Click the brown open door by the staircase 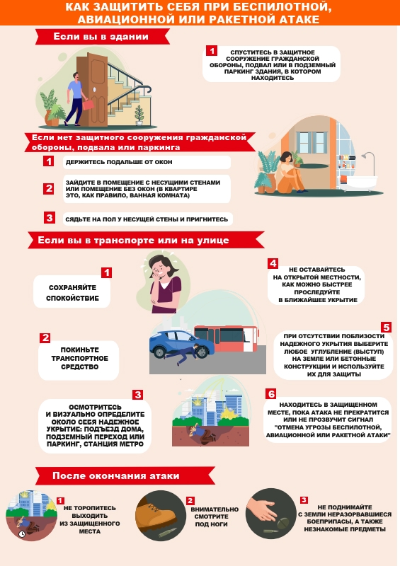click(93, 90)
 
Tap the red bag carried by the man click(88, 105)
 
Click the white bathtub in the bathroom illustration click(358, 183)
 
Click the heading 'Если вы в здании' click(101, 37)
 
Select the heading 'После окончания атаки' click(115, 475)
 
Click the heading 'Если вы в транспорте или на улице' click(133, 241)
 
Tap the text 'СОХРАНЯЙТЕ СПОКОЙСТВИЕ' click(72, 293)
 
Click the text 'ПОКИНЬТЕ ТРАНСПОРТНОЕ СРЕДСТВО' click(79, 359)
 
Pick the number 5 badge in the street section click(387, 327)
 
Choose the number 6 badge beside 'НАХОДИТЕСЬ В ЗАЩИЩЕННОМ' click(271, 394)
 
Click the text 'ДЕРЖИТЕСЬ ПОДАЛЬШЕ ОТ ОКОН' click(119, 162)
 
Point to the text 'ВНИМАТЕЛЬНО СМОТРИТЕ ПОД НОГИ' click(215, 516)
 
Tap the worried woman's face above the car click(159, 268)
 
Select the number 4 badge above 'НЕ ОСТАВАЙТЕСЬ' click(273, 263)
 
